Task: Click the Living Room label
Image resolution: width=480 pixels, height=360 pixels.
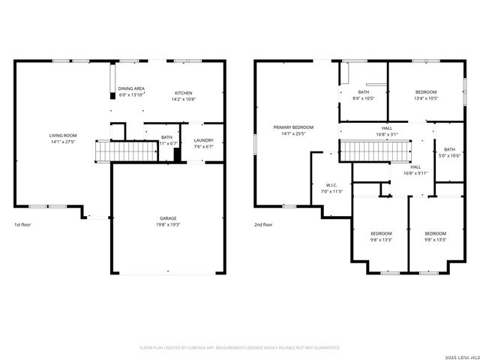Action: click(64, 136)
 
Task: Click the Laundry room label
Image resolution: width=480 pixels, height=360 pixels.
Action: click(203, 140)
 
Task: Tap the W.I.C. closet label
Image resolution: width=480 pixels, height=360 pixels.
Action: click(331, 184)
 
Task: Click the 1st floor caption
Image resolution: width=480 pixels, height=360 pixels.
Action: click(22, 224)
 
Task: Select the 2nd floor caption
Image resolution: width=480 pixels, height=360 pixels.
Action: click(262, 224)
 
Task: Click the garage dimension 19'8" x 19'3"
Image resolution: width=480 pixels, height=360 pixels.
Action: click(168, 224)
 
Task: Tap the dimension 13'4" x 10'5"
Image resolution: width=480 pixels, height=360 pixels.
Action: click(426, 98)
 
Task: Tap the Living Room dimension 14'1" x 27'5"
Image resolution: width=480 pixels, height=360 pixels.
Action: click(64, 142)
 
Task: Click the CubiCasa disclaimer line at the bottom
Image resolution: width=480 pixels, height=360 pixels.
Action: click(240, 348)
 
